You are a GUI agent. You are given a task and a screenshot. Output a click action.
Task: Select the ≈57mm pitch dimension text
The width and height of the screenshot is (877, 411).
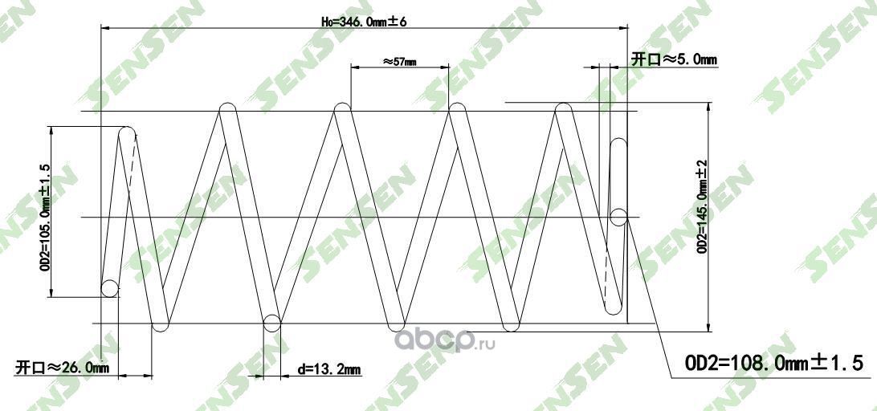click(398, 61)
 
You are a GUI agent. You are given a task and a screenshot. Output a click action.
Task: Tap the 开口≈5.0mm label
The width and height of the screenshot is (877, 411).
click(673, 59)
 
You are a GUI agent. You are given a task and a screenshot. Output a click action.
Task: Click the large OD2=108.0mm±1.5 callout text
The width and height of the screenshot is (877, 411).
click(773, 364)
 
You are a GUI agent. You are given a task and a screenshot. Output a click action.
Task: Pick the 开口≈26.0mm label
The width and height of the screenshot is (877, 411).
click(62, 368)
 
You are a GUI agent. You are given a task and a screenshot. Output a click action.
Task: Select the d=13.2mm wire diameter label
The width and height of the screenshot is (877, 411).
click(328, 369)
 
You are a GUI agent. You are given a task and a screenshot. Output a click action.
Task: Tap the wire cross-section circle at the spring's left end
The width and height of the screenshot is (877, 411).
click(109, 288)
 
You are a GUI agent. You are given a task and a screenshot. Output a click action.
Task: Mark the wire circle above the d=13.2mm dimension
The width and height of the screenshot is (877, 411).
click(271, 323)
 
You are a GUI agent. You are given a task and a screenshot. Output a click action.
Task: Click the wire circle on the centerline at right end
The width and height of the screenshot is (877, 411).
click(618, 217)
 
